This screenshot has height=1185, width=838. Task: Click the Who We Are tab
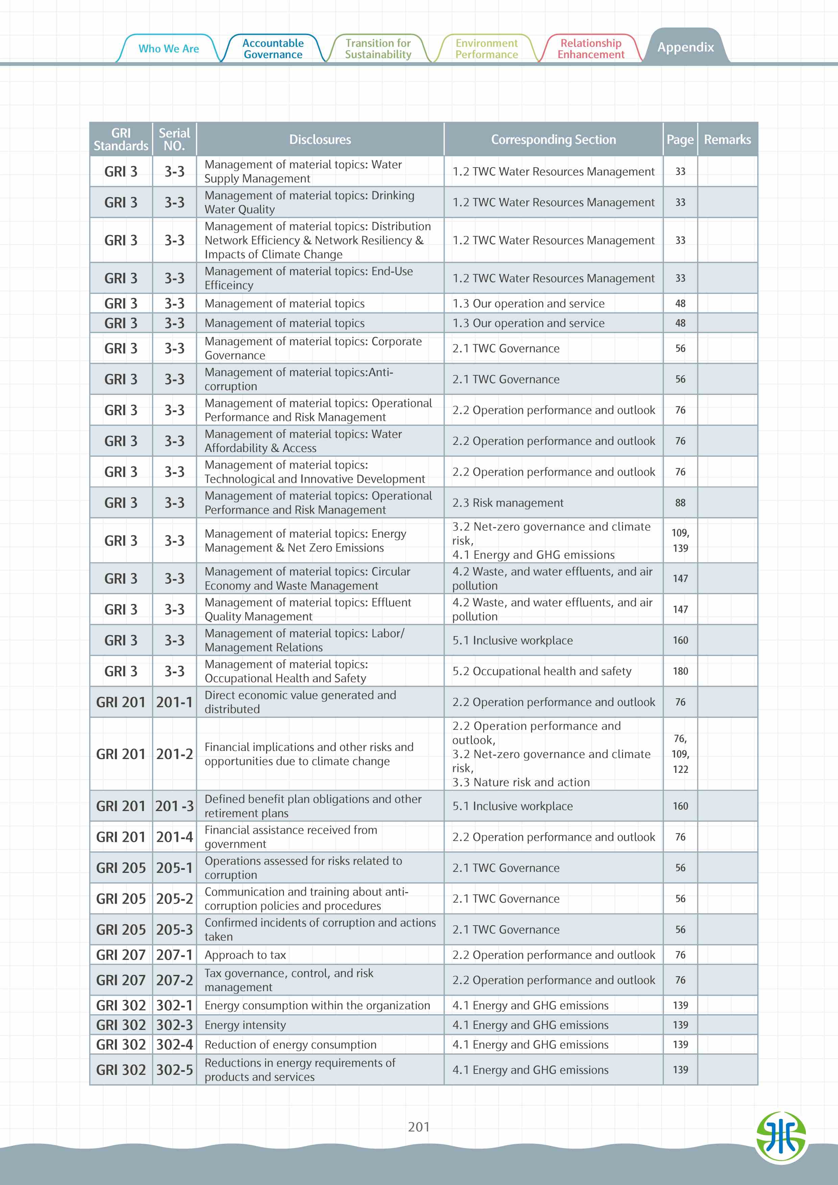[x=168, y=49]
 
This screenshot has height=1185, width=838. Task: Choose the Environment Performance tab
[x=486, y=49]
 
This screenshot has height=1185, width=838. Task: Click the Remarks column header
[x=727, y=140]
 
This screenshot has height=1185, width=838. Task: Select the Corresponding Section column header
[x=553, y=140]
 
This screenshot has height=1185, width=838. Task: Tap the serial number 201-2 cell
[x=174, y=754]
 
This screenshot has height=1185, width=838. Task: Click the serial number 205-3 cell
[x=174, y=930]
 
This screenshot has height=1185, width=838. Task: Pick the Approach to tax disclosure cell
[x=245, y=955]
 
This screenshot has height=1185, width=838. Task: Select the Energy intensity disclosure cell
[x=245, y=1025]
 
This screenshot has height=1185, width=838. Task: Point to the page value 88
[x=680, y=503]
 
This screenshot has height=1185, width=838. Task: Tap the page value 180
[x=680, y=671]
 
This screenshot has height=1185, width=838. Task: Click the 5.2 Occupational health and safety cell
[x=542, y=671]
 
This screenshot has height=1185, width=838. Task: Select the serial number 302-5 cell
[x=174, y=1070]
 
